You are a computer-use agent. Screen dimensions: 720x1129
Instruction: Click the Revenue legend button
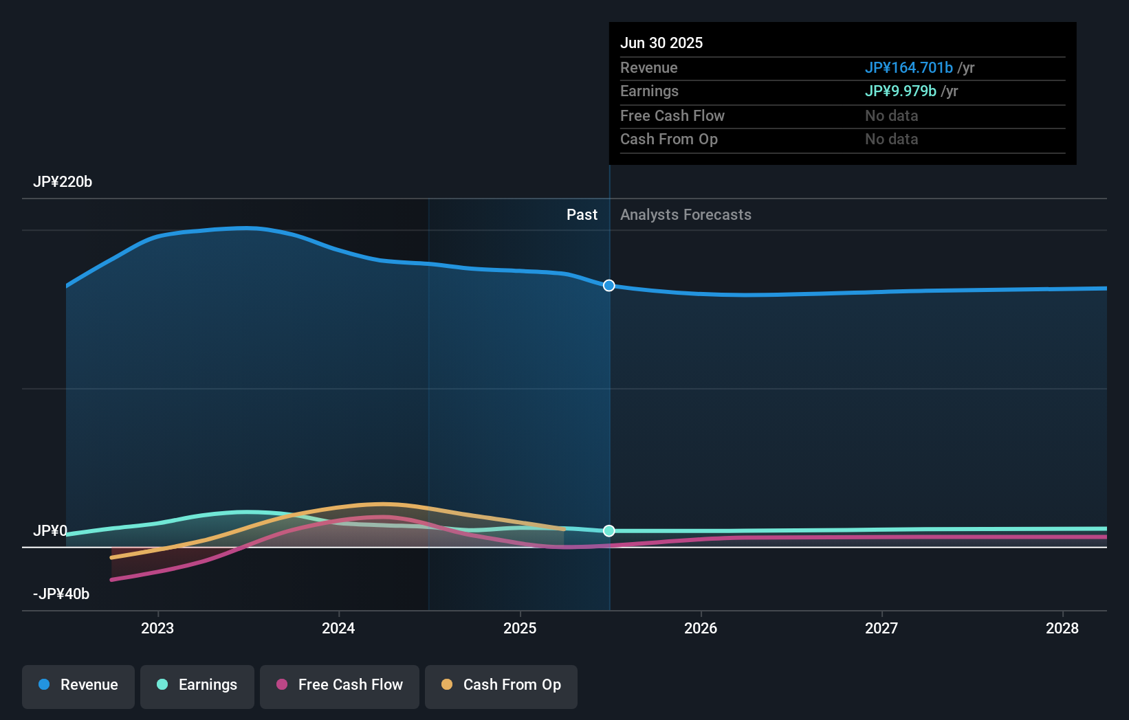(78, 685)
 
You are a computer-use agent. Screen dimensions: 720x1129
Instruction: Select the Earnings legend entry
(197, 685)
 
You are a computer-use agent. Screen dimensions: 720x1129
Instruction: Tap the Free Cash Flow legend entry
(340, 685)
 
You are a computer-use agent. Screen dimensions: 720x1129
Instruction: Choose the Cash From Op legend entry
(501, 685)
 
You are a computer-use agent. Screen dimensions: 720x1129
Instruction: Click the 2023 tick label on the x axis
(157, 628)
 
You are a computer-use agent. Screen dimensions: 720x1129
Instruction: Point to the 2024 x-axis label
(338, 628)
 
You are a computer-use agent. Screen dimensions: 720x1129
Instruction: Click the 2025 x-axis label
(520, 628)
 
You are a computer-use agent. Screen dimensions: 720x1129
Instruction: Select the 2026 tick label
(701, 628)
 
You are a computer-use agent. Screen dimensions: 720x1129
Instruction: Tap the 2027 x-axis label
(881, 628)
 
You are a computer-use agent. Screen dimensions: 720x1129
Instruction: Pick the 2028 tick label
(1062, 628)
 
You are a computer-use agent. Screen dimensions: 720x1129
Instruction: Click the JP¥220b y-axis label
(63, 182)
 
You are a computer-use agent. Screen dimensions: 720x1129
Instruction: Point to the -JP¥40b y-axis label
(61, 594)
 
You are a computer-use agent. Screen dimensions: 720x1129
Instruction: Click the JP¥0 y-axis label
(50, 531)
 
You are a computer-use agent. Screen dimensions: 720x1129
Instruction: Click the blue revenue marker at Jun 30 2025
(609, 286)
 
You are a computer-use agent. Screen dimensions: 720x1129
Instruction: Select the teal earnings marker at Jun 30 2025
(609, 531)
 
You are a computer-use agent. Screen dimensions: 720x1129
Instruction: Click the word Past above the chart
(582, 215)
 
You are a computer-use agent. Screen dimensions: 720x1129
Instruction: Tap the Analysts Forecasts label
(686, 215)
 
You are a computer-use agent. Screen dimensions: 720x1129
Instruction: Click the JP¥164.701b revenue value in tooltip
(908, 68)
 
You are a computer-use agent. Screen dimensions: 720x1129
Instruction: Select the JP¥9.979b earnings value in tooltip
(900, 91)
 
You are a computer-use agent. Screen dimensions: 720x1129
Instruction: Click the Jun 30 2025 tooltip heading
(661, 43)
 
